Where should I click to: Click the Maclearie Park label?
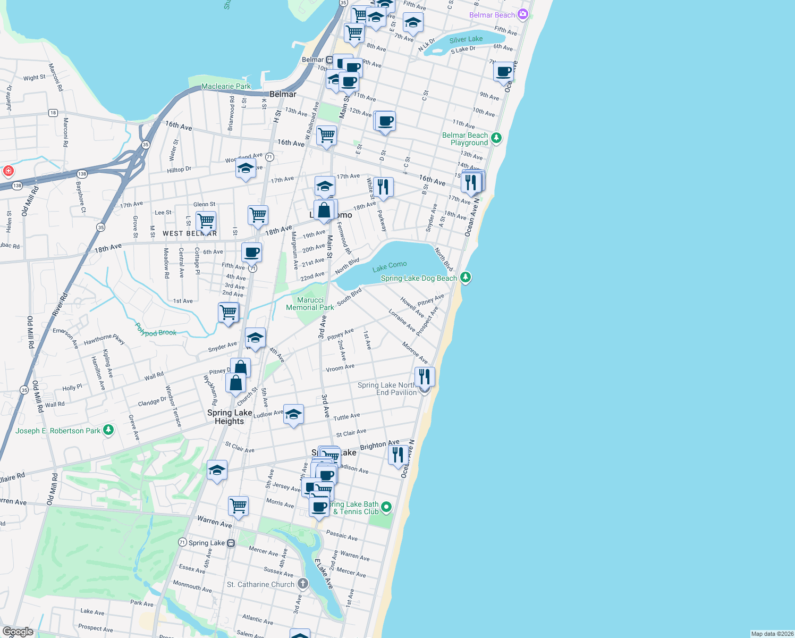click(x=226, y=86)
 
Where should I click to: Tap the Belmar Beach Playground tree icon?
click(x=496, y=138)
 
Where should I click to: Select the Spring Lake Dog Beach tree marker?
click(x=466, y=277)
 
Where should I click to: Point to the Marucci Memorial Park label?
click(x=310, y=304)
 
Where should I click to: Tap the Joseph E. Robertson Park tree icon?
click(x=108, y=430)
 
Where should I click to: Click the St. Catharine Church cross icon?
click(x=302, y=584)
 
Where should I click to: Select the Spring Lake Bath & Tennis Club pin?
click(x=386, y=507)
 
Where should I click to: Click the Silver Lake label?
click(x=466, y=39)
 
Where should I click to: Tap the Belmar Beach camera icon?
click(x=523, y=14)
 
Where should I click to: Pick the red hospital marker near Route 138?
click(x=8, y=171)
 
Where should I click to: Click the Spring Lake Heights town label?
click(x=230, y=417)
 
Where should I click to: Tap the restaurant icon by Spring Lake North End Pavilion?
click(x=424, y=376)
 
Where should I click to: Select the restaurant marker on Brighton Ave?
click(x=398, y=455)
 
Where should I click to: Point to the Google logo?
click(x=18, y=632)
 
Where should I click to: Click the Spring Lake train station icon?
click(x=231, y=543)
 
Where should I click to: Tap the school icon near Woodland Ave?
click(x=245, y=169)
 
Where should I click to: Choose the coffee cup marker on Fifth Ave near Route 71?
click(x=251, y=253)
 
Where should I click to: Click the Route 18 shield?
click(x=53, y=113)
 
